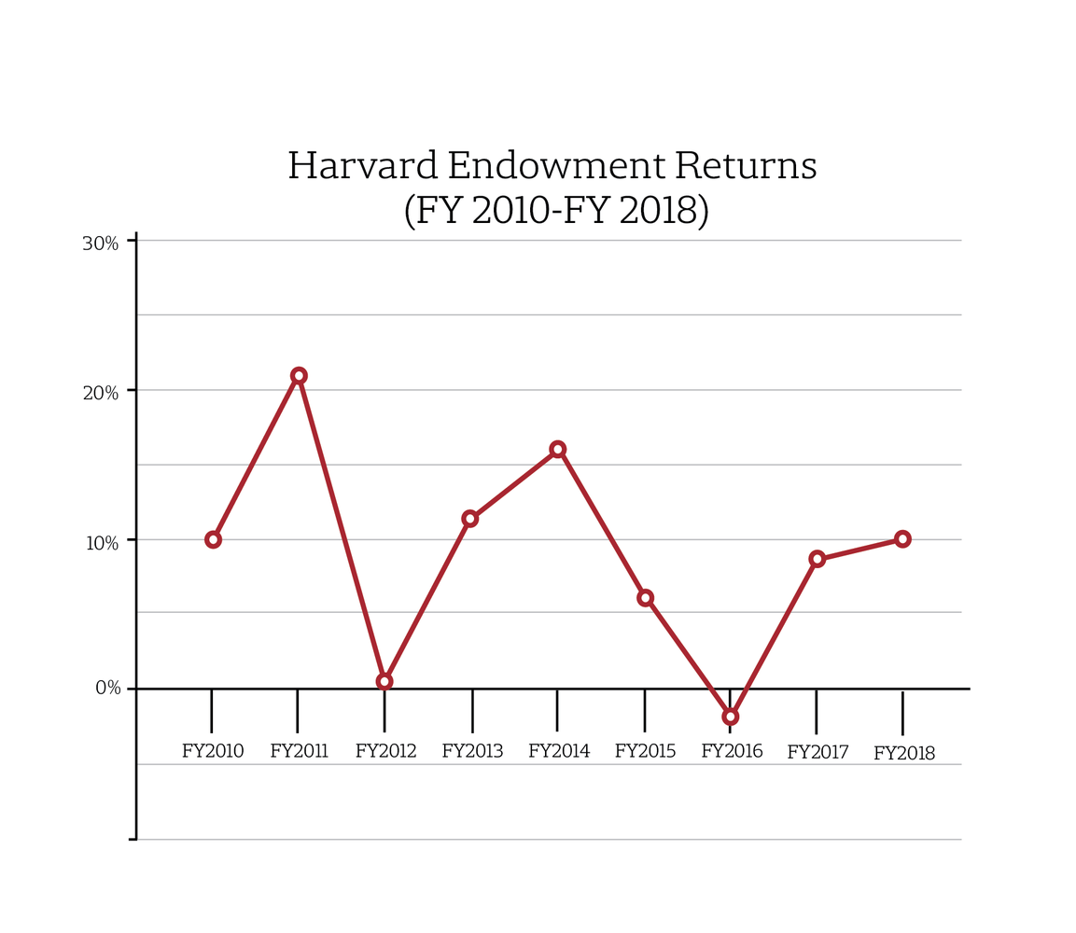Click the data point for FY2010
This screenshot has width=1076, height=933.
tap(213, 539)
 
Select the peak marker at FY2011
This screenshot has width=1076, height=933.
tap(299, 376)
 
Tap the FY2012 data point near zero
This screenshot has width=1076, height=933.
tap(384, 681)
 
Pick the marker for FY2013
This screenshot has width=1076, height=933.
tap(470, 519)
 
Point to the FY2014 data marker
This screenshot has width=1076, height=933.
tap(557, 449)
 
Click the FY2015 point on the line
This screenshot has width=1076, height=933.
tap(645, 597)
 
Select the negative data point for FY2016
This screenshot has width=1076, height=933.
tap(731, 717)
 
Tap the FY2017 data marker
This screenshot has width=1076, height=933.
tap(817, 559)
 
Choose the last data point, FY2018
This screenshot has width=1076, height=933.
tap(902, 538)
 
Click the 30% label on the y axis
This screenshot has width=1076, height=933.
tap(101, 244)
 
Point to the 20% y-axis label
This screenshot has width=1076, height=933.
tap(101, 393)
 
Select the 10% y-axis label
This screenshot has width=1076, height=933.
tap(101, 542)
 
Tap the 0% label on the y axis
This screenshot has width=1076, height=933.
tap(108, 689)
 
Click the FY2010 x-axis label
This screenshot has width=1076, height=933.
tap(213, 751)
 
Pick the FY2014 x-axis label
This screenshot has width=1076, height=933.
tap(559, 751)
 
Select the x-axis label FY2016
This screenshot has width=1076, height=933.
tap(732, 751)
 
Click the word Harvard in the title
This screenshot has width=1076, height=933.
tap(362, 166)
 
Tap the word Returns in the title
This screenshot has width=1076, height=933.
tap(746, 166)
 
